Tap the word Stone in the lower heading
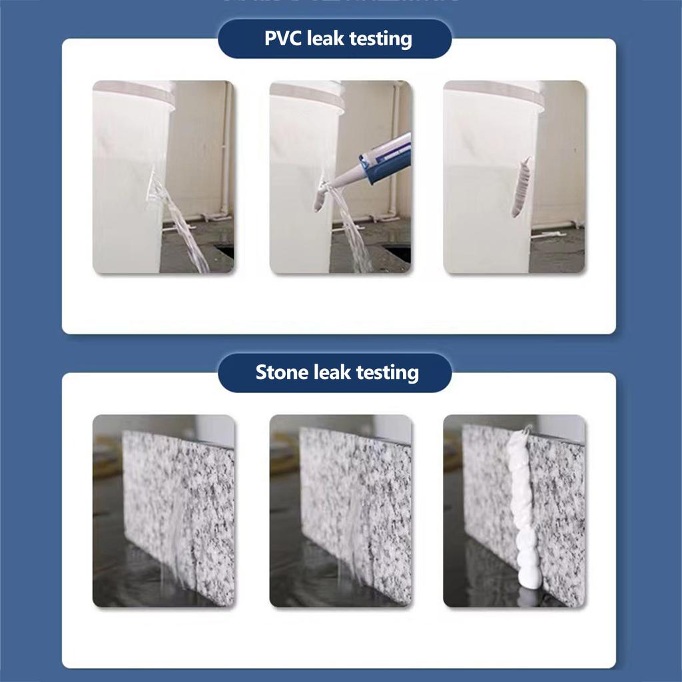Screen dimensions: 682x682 (278, 372)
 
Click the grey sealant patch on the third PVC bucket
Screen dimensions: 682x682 (522, 187)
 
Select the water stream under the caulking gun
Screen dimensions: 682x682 (352, 230)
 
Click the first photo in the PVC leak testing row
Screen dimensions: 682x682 (163, 176)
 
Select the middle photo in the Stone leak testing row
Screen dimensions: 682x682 (340, 511)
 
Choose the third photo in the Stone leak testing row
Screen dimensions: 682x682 (514, 511)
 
